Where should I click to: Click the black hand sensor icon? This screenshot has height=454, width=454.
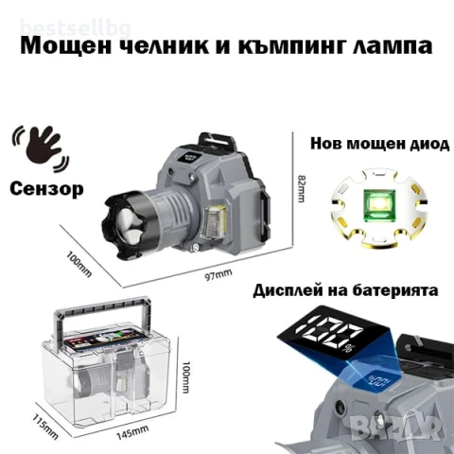click(x=38, y=143)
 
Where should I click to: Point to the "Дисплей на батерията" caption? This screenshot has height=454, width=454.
click(x=346, y=291)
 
